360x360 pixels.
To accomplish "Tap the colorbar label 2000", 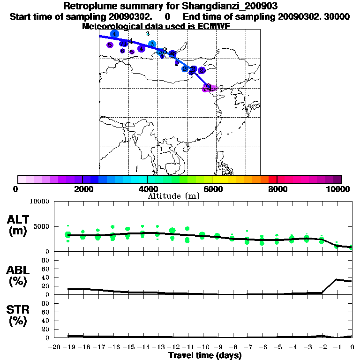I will pos(82,189).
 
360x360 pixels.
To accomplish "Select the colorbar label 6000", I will pos(212,189).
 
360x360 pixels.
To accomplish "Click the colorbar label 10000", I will pos(338,189).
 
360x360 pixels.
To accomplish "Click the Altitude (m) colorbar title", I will pos(174,196).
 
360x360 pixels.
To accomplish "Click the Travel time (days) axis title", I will pos(205,356).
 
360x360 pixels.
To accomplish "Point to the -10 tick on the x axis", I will pos(202,347).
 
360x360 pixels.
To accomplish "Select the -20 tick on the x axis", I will pos(54,347).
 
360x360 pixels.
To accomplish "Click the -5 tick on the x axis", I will pos(277,347).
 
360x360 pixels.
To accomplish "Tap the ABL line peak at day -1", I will pos(337,279).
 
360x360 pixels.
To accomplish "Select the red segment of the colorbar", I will pos(272,179).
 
